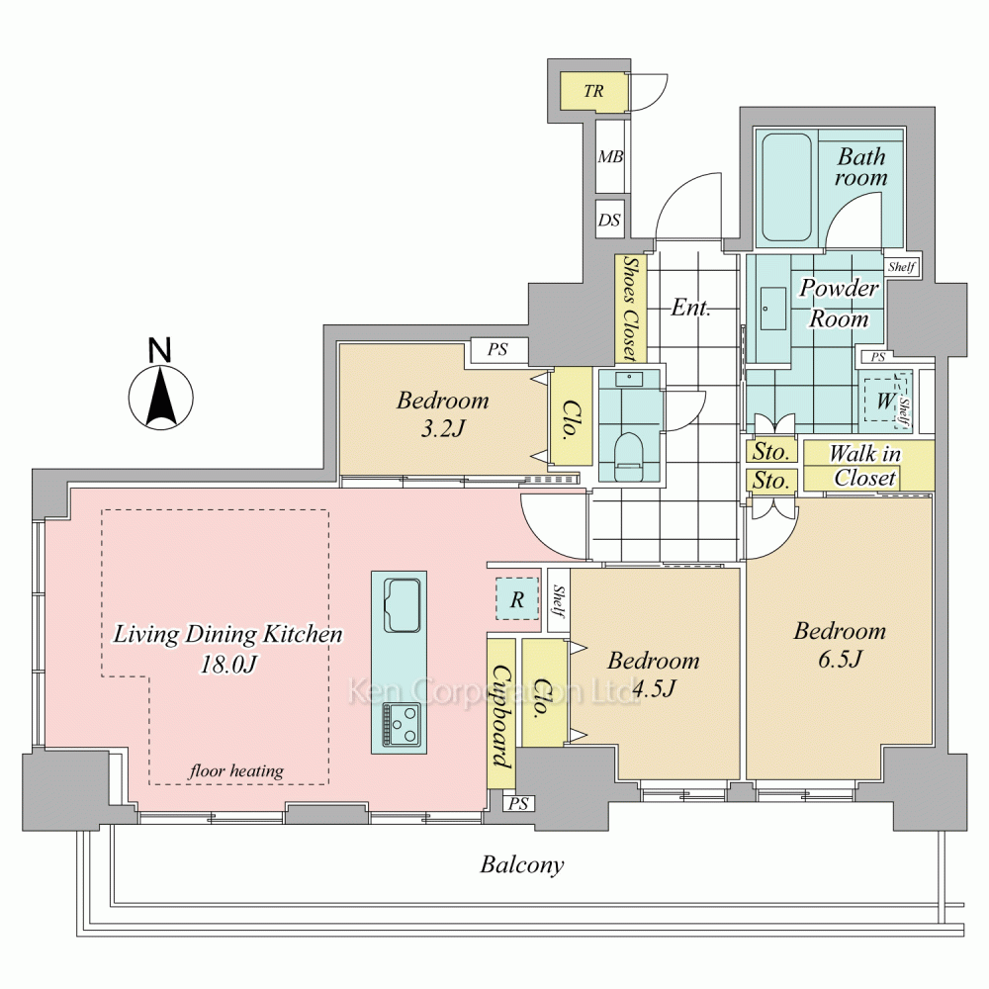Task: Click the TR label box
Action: [x=593, y=91]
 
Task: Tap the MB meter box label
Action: [x=610, y=156]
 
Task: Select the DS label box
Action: [x=609, y=221]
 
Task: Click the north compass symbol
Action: [x=159, y=396]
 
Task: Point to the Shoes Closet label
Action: [x=630, y=308]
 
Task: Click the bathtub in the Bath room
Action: [x=786, y=188]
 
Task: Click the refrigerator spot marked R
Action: [x=516, y=598]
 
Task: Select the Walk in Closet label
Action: [x=865, y=466]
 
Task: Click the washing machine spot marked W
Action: [x=884, y=402]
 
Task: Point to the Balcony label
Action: [x=522, y=865]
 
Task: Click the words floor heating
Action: [x=236, y=770]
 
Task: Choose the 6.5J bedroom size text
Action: [x=840, y=660]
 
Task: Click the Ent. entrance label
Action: [x=691, y=308]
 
